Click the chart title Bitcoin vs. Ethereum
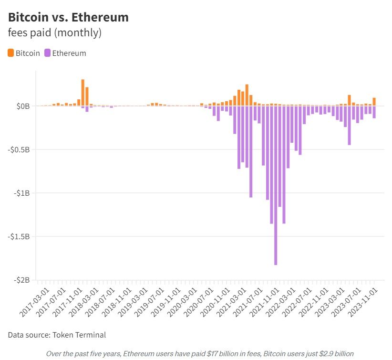[x=68, y=18]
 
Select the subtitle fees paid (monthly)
[x=55, y=33]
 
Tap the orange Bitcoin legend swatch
[x=11, y=53]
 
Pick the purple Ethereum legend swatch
[x=47, y=53]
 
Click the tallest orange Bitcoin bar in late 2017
[x=83, y=93]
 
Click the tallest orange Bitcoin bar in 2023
[x=350, y=100]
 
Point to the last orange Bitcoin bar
[x=374, y=102]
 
